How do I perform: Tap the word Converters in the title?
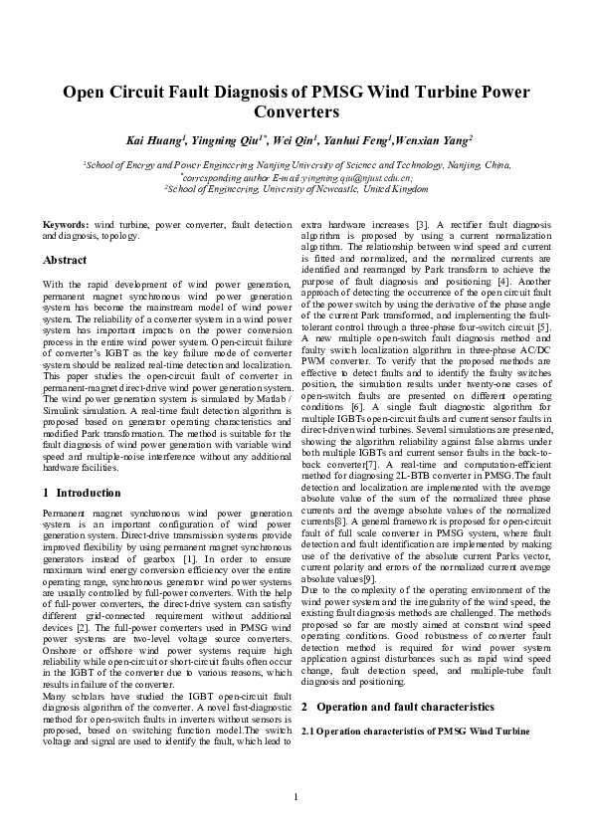(296, 113)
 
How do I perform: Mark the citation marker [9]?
(369, 579)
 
